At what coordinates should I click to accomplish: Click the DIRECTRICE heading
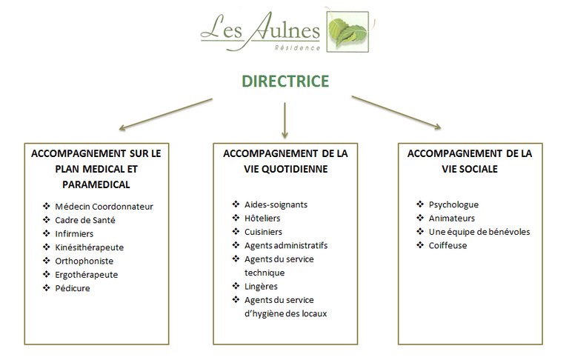pos(285,81)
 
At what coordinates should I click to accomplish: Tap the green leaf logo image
pos(347,32)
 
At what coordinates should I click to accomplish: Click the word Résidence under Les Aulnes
pos(297,47)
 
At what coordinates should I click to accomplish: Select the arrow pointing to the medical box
pos(165,114)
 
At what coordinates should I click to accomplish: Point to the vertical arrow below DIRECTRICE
pos(284,120)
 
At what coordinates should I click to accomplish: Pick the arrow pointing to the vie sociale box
pos(396,112)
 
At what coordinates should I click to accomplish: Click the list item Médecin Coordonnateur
pos(104,207)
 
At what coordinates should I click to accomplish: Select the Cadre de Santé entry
pos(85,220)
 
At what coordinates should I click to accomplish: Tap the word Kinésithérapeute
pos(89,247)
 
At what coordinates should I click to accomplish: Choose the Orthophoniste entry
pos(84,261)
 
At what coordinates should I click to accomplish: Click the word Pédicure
pos(72,288)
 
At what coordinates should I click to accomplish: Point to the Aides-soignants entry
pos(276,204)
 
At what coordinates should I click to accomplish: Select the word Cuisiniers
pos(263,232)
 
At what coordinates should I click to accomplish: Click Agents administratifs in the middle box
pos(286,246)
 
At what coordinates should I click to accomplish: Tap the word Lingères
pos(261,287)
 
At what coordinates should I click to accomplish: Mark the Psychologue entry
pos(453,204)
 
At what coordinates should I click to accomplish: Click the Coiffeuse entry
pos(447,246)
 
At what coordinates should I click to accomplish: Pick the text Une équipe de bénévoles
pos(479,232)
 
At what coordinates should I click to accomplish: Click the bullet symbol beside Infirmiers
pos(47,233)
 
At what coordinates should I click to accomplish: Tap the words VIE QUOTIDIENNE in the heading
pos(286,169)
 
